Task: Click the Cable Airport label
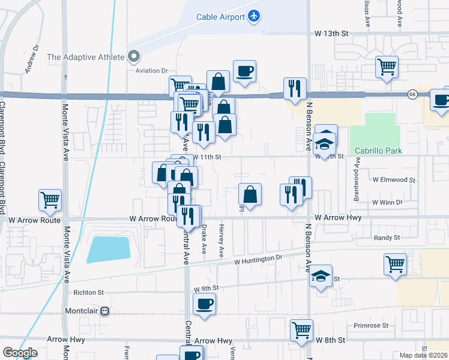(x=220, y=17)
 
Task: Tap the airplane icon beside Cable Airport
(x=255, y=16)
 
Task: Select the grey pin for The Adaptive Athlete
(x=133, y=57)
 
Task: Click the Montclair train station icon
(x=105, y=312)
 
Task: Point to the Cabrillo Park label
(x=378, y=151)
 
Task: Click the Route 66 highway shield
(x=412, y=94)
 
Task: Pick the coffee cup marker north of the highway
(x=244, y=71)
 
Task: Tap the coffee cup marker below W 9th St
(x=205, y=304)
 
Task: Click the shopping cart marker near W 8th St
(x=301, y=329)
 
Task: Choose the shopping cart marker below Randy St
(x=395, y=263)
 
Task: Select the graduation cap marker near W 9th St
(x=321, y=276)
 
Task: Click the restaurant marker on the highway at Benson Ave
(x=295, y=89)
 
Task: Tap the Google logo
(x=20, y=353)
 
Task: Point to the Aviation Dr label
(x=152, y=71)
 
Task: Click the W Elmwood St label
(x=394, y=179)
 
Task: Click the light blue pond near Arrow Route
(x=109, y=249)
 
